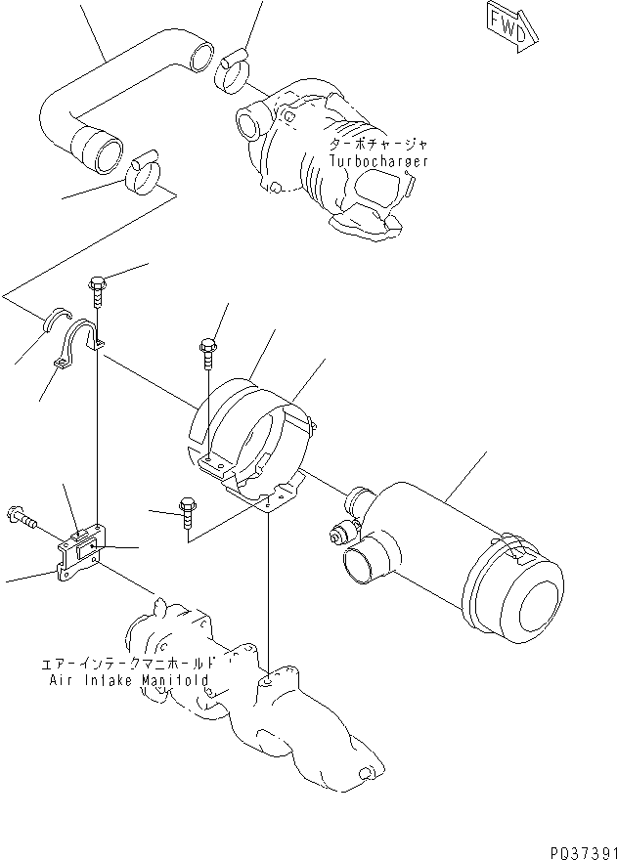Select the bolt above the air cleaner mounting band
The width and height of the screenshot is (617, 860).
[x=207, y=352]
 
